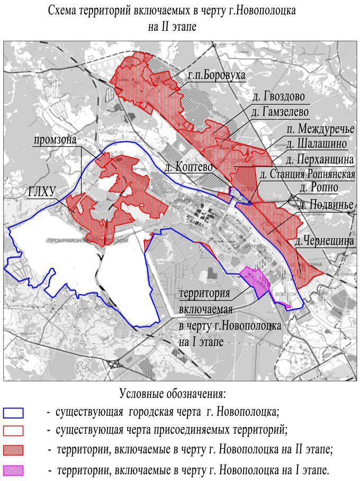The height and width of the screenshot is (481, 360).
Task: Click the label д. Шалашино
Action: point(317,144)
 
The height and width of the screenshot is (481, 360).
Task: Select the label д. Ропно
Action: point(317,189)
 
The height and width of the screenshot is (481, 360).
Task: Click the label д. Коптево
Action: point(188,167)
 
